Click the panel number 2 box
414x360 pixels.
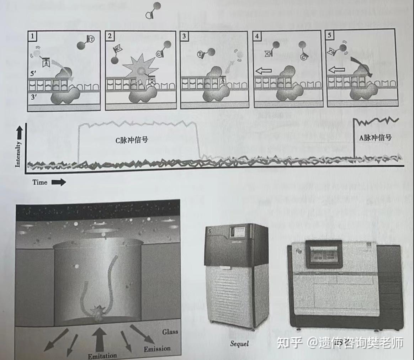[110, 36]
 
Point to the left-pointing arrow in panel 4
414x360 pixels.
[264, 70]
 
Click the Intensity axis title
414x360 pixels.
[18, 154]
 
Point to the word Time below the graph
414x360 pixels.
[40, 182]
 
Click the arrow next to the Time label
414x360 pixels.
[58, 182]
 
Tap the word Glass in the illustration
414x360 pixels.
[170, 332]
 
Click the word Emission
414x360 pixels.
[157, 349]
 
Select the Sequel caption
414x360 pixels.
[239, 343]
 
